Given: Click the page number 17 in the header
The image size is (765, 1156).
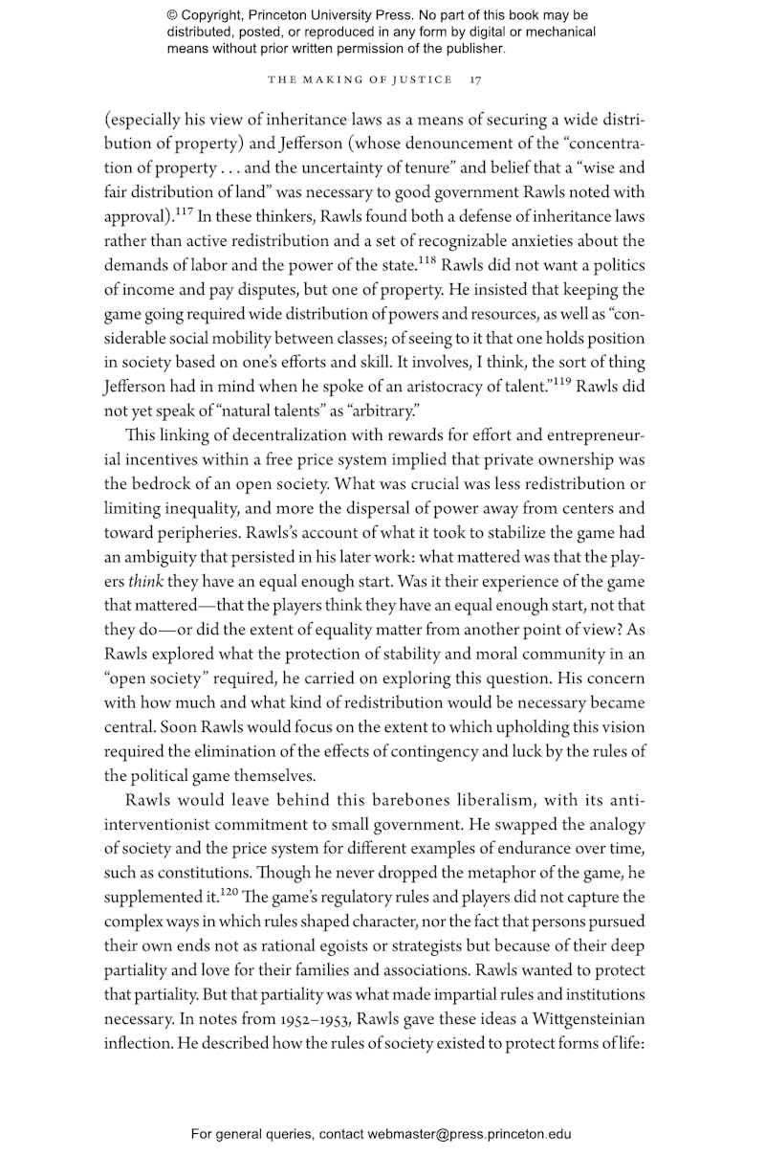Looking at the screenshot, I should point(475,80).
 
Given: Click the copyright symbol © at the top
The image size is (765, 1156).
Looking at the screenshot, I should point(173,15).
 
